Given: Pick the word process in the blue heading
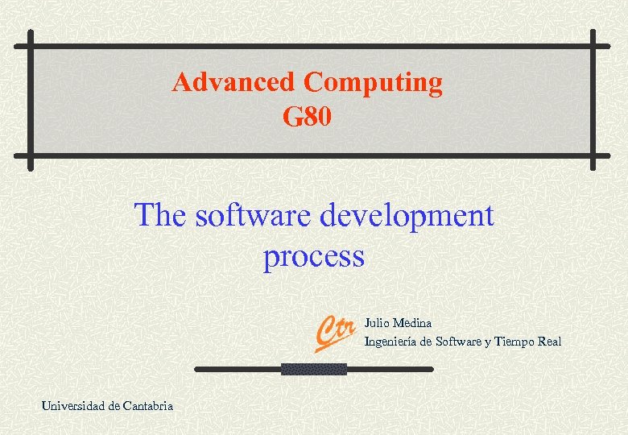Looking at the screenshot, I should tap(313, 257).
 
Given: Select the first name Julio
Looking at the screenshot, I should tap(378, 323).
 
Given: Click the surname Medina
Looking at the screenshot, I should tap(413, 323).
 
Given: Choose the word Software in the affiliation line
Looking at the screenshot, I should tap(457, 342).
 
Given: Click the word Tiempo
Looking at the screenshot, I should tap(514, 342).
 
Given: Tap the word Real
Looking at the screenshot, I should tap(550, 342).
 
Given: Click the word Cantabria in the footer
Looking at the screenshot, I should tap(147, 406).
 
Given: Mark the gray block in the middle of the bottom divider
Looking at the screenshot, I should tap(313, 369).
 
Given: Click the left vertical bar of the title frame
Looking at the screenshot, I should tap(31, 101).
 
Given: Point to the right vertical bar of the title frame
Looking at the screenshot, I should tap(593, 101).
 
